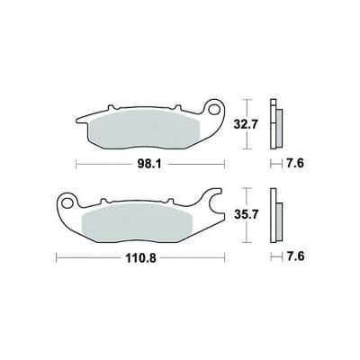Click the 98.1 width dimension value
[149, 165]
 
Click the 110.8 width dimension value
[140, 257]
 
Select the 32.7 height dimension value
[246, 124]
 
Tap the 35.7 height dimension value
[246, 215]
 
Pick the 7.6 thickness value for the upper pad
[295, 164]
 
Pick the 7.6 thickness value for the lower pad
[295, 256]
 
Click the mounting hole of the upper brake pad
[214, 110]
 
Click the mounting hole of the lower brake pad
[67, 203]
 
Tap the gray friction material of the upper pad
[144, 129]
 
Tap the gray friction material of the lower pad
[137, 223]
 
